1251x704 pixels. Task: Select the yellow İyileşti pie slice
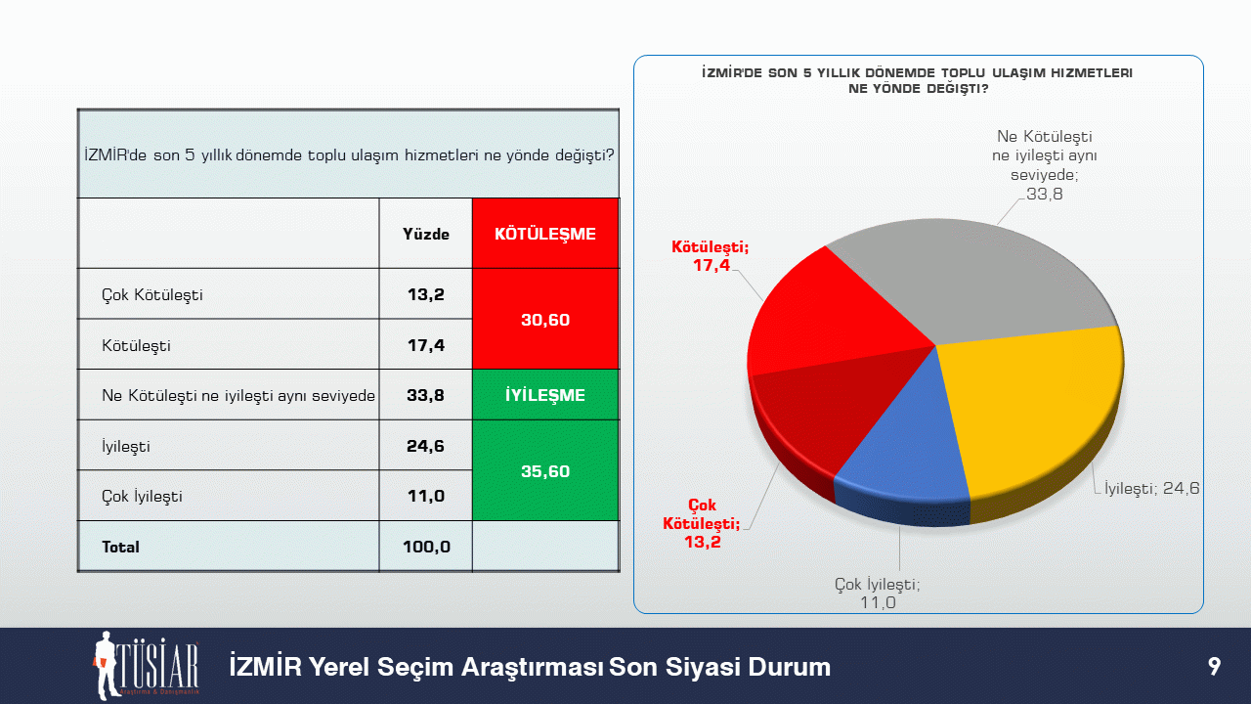click(1033, 408)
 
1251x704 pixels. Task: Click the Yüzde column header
click(426, 234)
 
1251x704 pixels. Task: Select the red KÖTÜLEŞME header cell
click(545, 234)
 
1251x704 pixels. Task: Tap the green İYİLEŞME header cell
click(545, 395)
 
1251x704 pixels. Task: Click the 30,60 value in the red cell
click(545, 320)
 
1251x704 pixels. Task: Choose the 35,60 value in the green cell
click(545, 471)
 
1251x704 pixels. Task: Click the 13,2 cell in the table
click(425, 294)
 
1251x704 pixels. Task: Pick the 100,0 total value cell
click(426, 547)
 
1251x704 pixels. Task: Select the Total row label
click(120, 547)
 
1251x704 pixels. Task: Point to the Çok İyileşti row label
click(142, 496)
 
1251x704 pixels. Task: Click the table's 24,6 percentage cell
click(425, 446)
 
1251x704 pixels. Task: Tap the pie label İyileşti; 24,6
click(1151, 488)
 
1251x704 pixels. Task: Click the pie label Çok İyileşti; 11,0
click(878, 594)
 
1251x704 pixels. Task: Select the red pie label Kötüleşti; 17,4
click(710, 256)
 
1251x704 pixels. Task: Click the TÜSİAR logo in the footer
click(146, 666)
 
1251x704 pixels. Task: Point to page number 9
click(1214, 667)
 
